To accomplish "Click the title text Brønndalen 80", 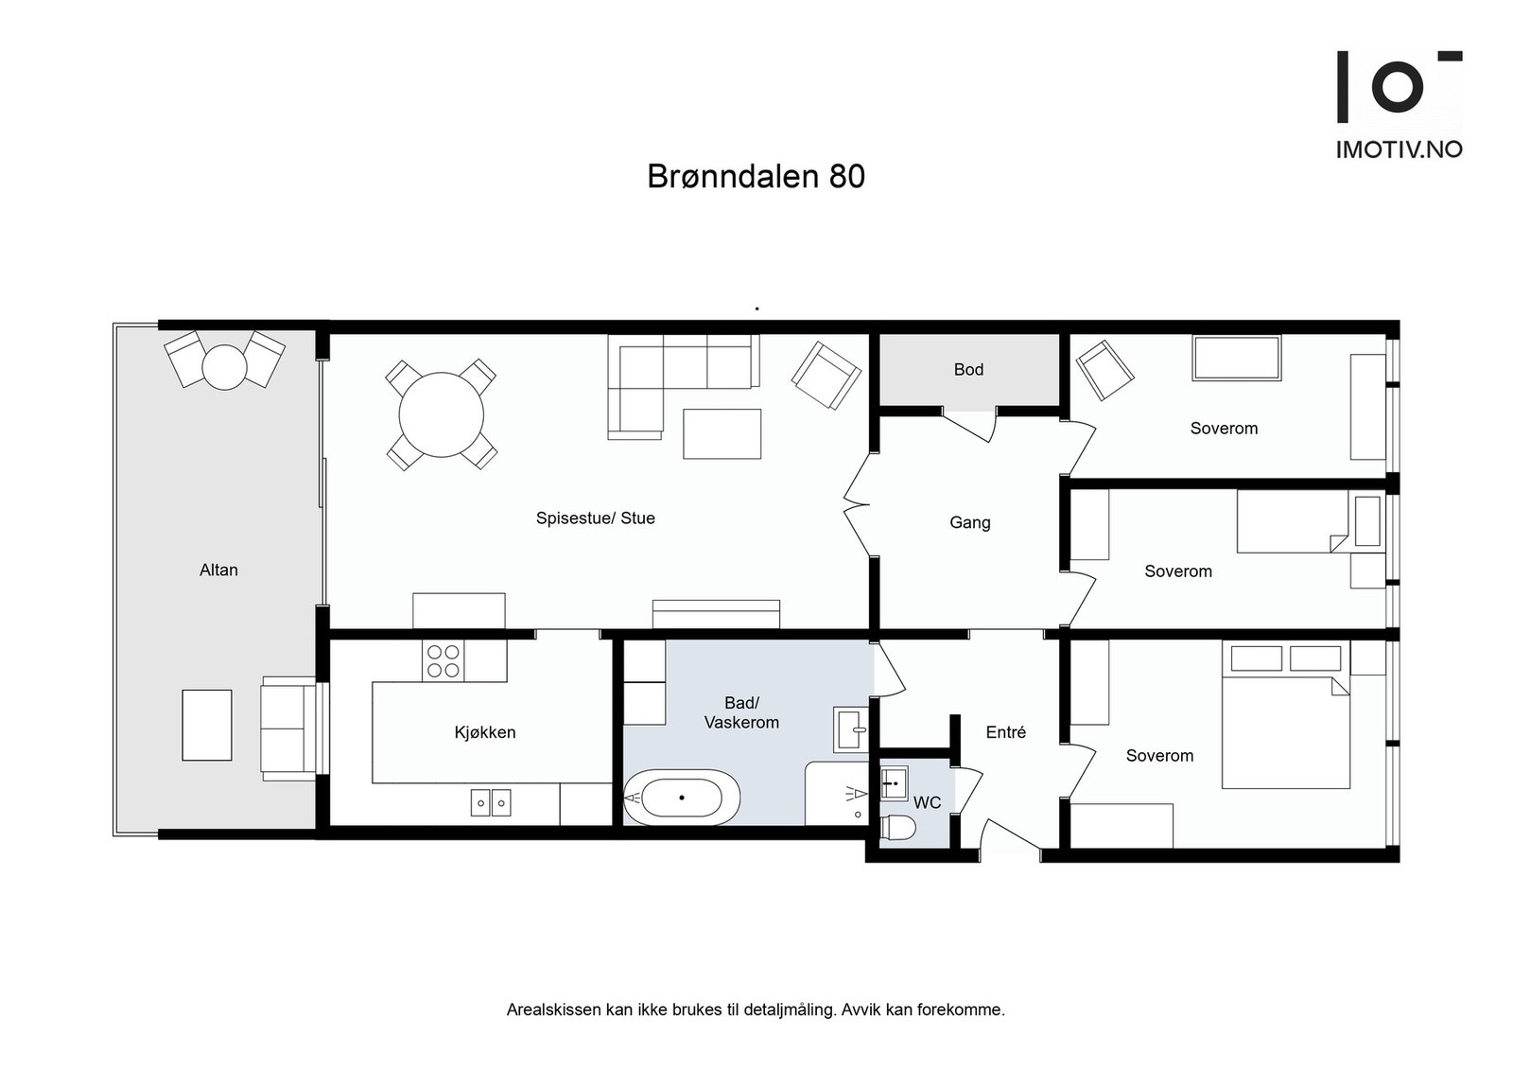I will (x=756, y=177).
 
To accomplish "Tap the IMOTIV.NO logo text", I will (x=1399, y=149).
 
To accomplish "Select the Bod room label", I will (x=968, y=370).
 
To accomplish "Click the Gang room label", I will (x=969, y=522).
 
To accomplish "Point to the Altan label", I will (x=218, y=570).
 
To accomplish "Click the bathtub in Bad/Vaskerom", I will (x=682, y=797).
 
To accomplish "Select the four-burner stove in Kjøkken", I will (x=443, y=661).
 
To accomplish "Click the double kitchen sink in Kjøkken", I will (x=491, y=803).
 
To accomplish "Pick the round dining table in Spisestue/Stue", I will (x=442, y=415).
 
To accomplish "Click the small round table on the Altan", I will (x=225, y=366).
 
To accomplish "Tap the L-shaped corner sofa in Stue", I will (x=662, y=378).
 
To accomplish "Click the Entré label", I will (x=1005, y=732).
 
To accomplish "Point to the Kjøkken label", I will (x=485, y=732).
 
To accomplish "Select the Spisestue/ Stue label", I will (x=595, y=518).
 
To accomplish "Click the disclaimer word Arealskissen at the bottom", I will (x=553, y=1010).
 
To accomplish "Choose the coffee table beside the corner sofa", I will (x=722, y=433).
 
